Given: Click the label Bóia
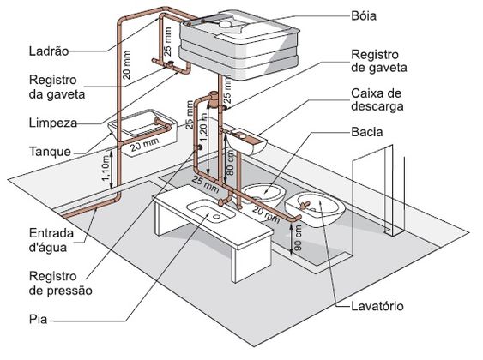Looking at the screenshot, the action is coord(364,16).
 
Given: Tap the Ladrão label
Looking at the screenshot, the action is coord(49,51).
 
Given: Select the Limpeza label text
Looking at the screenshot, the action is coord(53,123).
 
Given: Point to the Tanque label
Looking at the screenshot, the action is coord(50,152).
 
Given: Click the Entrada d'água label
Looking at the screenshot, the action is coord(51,240).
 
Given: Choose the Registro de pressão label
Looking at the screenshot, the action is coord(60,283).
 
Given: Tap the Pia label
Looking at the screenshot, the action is coord(39,319).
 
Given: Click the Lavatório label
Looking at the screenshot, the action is coord(377,306).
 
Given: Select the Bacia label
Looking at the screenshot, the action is coord(367,132).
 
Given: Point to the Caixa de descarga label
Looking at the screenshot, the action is coord(377,100).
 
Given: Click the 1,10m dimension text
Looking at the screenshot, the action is coord(106,168).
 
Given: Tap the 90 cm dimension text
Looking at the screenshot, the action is coord(298,237).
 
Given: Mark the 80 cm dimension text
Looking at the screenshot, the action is coord(231,163).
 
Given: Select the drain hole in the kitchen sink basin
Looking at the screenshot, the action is coord(216,217).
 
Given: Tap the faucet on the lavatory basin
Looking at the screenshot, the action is coord(305,205).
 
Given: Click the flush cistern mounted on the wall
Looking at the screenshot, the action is coord(246,141).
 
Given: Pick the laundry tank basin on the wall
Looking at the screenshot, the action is coord(142,132).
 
